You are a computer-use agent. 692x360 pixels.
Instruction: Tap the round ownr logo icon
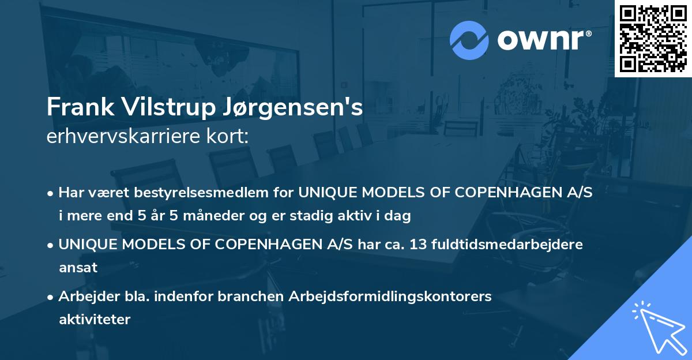point(469,40)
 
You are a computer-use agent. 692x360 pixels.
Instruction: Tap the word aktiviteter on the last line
point(95,319)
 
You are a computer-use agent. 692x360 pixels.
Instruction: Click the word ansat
point(78,267)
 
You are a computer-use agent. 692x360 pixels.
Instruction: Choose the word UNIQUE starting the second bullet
point(87,244)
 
